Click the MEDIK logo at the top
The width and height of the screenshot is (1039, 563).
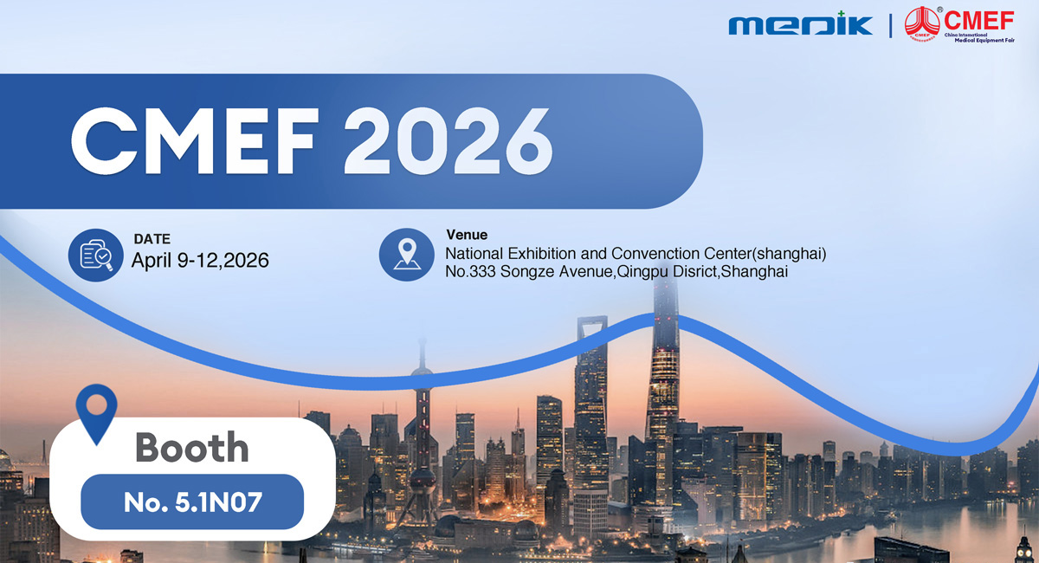point(800,23)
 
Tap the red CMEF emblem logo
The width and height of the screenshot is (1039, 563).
point(921,23)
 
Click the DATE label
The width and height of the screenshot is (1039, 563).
point(152,239)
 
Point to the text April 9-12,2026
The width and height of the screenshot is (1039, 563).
point(200,260)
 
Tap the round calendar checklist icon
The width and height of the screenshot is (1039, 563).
point(95,255)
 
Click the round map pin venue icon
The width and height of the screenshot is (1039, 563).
point(406,255)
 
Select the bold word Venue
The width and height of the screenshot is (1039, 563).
point(467,235)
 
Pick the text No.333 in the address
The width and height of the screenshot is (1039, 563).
point(470,272)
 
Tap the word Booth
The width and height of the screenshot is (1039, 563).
point(192,447)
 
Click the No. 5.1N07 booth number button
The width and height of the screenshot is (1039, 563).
point(192,502)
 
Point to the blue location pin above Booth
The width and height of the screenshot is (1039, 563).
point(96,411)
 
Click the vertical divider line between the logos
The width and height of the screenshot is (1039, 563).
point(891,23)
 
